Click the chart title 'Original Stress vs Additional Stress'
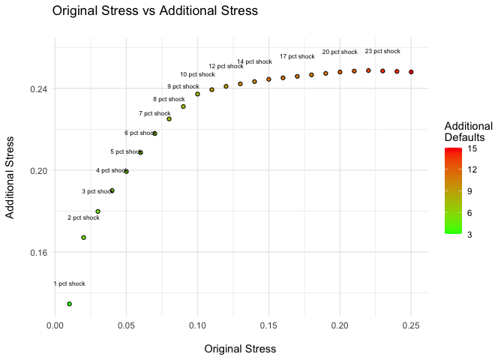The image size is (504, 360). pos(154,11)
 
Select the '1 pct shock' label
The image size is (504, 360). pos(69,284)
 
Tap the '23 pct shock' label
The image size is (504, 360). pos(382,52)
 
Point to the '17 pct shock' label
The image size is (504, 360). pos(297,57)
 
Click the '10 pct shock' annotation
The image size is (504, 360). pos(197,75)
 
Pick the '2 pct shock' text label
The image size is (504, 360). pos(83,218)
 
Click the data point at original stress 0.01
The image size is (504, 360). pos(69,304)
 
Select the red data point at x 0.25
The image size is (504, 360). pos(411,72)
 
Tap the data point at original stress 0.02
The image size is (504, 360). pos(83,238)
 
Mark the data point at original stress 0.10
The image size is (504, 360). pos(197,94)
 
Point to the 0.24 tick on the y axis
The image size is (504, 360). pos(39,88)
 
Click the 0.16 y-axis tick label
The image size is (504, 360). pos(39,252)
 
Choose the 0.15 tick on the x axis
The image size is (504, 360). pos(268,326)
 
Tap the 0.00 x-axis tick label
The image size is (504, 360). pos(55,326)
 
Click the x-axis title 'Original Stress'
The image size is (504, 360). pos(240,349)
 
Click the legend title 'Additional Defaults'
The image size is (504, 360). pos(468,132)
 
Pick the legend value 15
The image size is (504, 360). pos(473,148)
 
